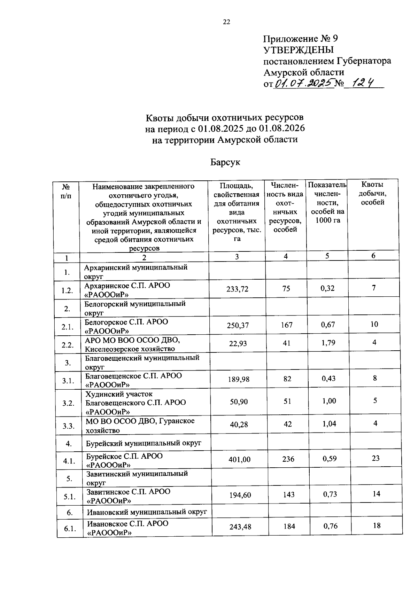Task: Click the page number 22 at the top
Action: [226, 22]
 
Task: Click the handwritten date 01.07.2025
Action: [304, 83]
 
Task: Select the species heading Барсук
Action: [225, 162]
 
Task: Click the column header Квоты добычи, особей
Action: [373, 194]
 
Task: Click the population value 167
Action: [286, 325]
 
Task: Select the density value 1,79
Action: [328, 343]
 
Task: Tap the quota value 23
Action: [376, 458]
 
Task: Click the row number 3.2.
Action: [68, 403]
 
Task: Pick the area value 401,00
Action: [239, 459]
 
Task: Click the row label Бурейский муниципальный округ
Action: [144, 443]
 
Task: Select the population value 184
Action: [289, 526]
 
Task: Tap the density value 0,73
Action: [330, 494]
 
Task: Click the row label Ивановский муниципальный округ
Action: [147, 512]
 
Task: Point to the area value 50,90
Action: [239, 402]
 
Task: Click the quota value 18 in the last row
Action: [377, 525]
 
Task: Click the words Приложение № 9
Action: [300, 38]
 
